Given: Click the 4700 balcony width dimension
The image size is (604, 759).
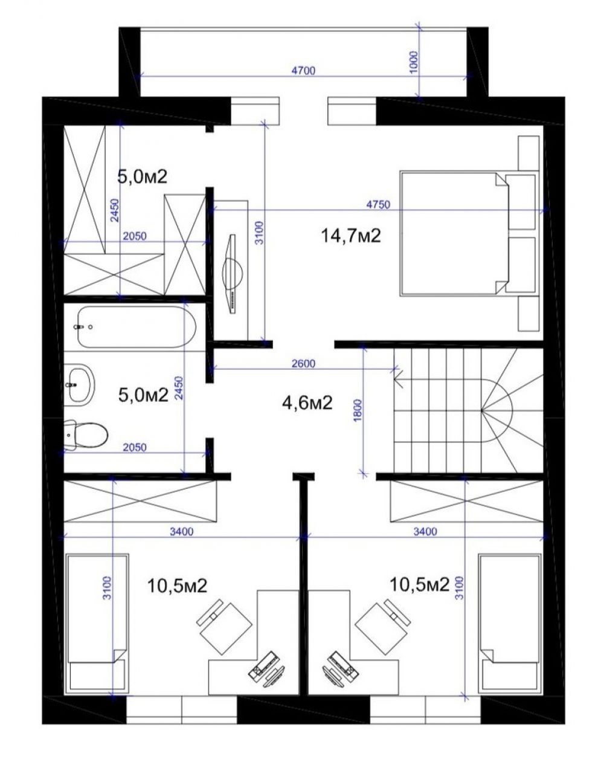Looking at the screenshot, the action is click(x=303, y=71).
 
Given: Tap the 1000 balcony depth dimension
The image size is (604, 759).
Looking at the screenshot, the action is click(x=414, y=62).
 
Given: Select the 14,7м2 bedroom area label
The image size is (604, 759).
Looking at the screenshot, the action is click(x=350, y=236).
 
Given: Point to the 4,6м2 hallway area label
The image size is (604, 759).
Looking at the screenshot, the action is click(x=307, y=403).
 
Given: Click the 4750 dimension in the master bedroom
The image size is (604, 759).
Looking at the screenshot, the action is click(x=378, y=205).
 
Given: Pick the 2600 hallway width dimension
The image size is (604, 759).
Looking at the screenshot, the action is click(x=303, y=363).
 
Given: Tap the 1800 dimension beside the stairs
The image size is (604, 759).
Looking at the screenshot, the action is click(x=358, y=410).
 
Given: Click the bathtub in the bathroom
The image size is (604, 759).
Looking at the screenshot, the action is click(x=136, y=326).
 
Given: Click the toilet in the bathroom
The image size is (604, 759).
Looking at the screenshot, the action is click(x=86, y=434).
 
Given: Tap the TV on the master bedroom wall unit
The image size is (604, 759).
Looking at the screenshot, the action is click(x=233, y=274).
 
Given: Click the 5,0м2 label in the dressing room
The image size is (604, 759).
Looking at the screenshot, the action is click(x=142, y=176).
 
